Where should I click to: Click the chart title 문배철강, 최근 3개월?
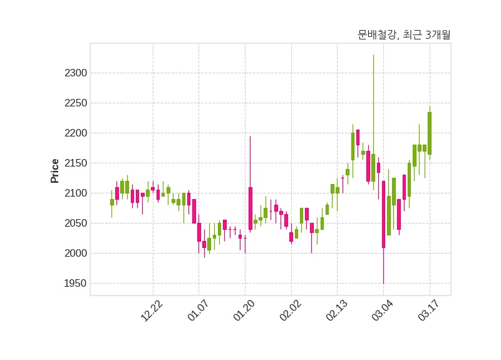point(404,35)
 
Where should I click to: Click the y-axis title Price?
point(55,171)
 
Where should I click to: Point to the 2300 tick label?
point(76,73)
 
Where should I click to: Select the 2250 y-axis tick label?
point(76,103)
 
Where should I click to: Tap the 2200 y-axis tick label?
point(76,133)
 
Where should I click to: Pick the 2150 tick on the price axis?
point(76,163)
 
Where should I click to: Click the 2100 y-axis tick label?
point(76,193)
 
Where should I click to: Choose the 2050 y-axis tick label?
point(76,224)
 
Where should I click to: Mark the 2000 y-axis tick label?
point(76,254)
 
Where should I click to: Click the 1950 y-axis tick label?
point(76,284)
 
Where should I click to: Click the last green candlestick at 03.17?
point(430,133)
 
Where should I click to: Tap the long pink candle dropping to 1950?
point(383,214)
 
